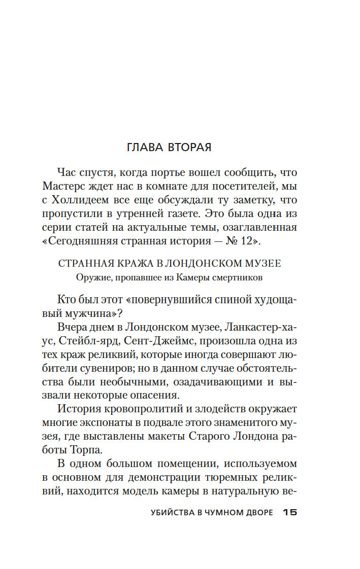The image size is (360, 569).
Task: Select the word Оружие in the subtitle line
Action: point(90,277)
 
